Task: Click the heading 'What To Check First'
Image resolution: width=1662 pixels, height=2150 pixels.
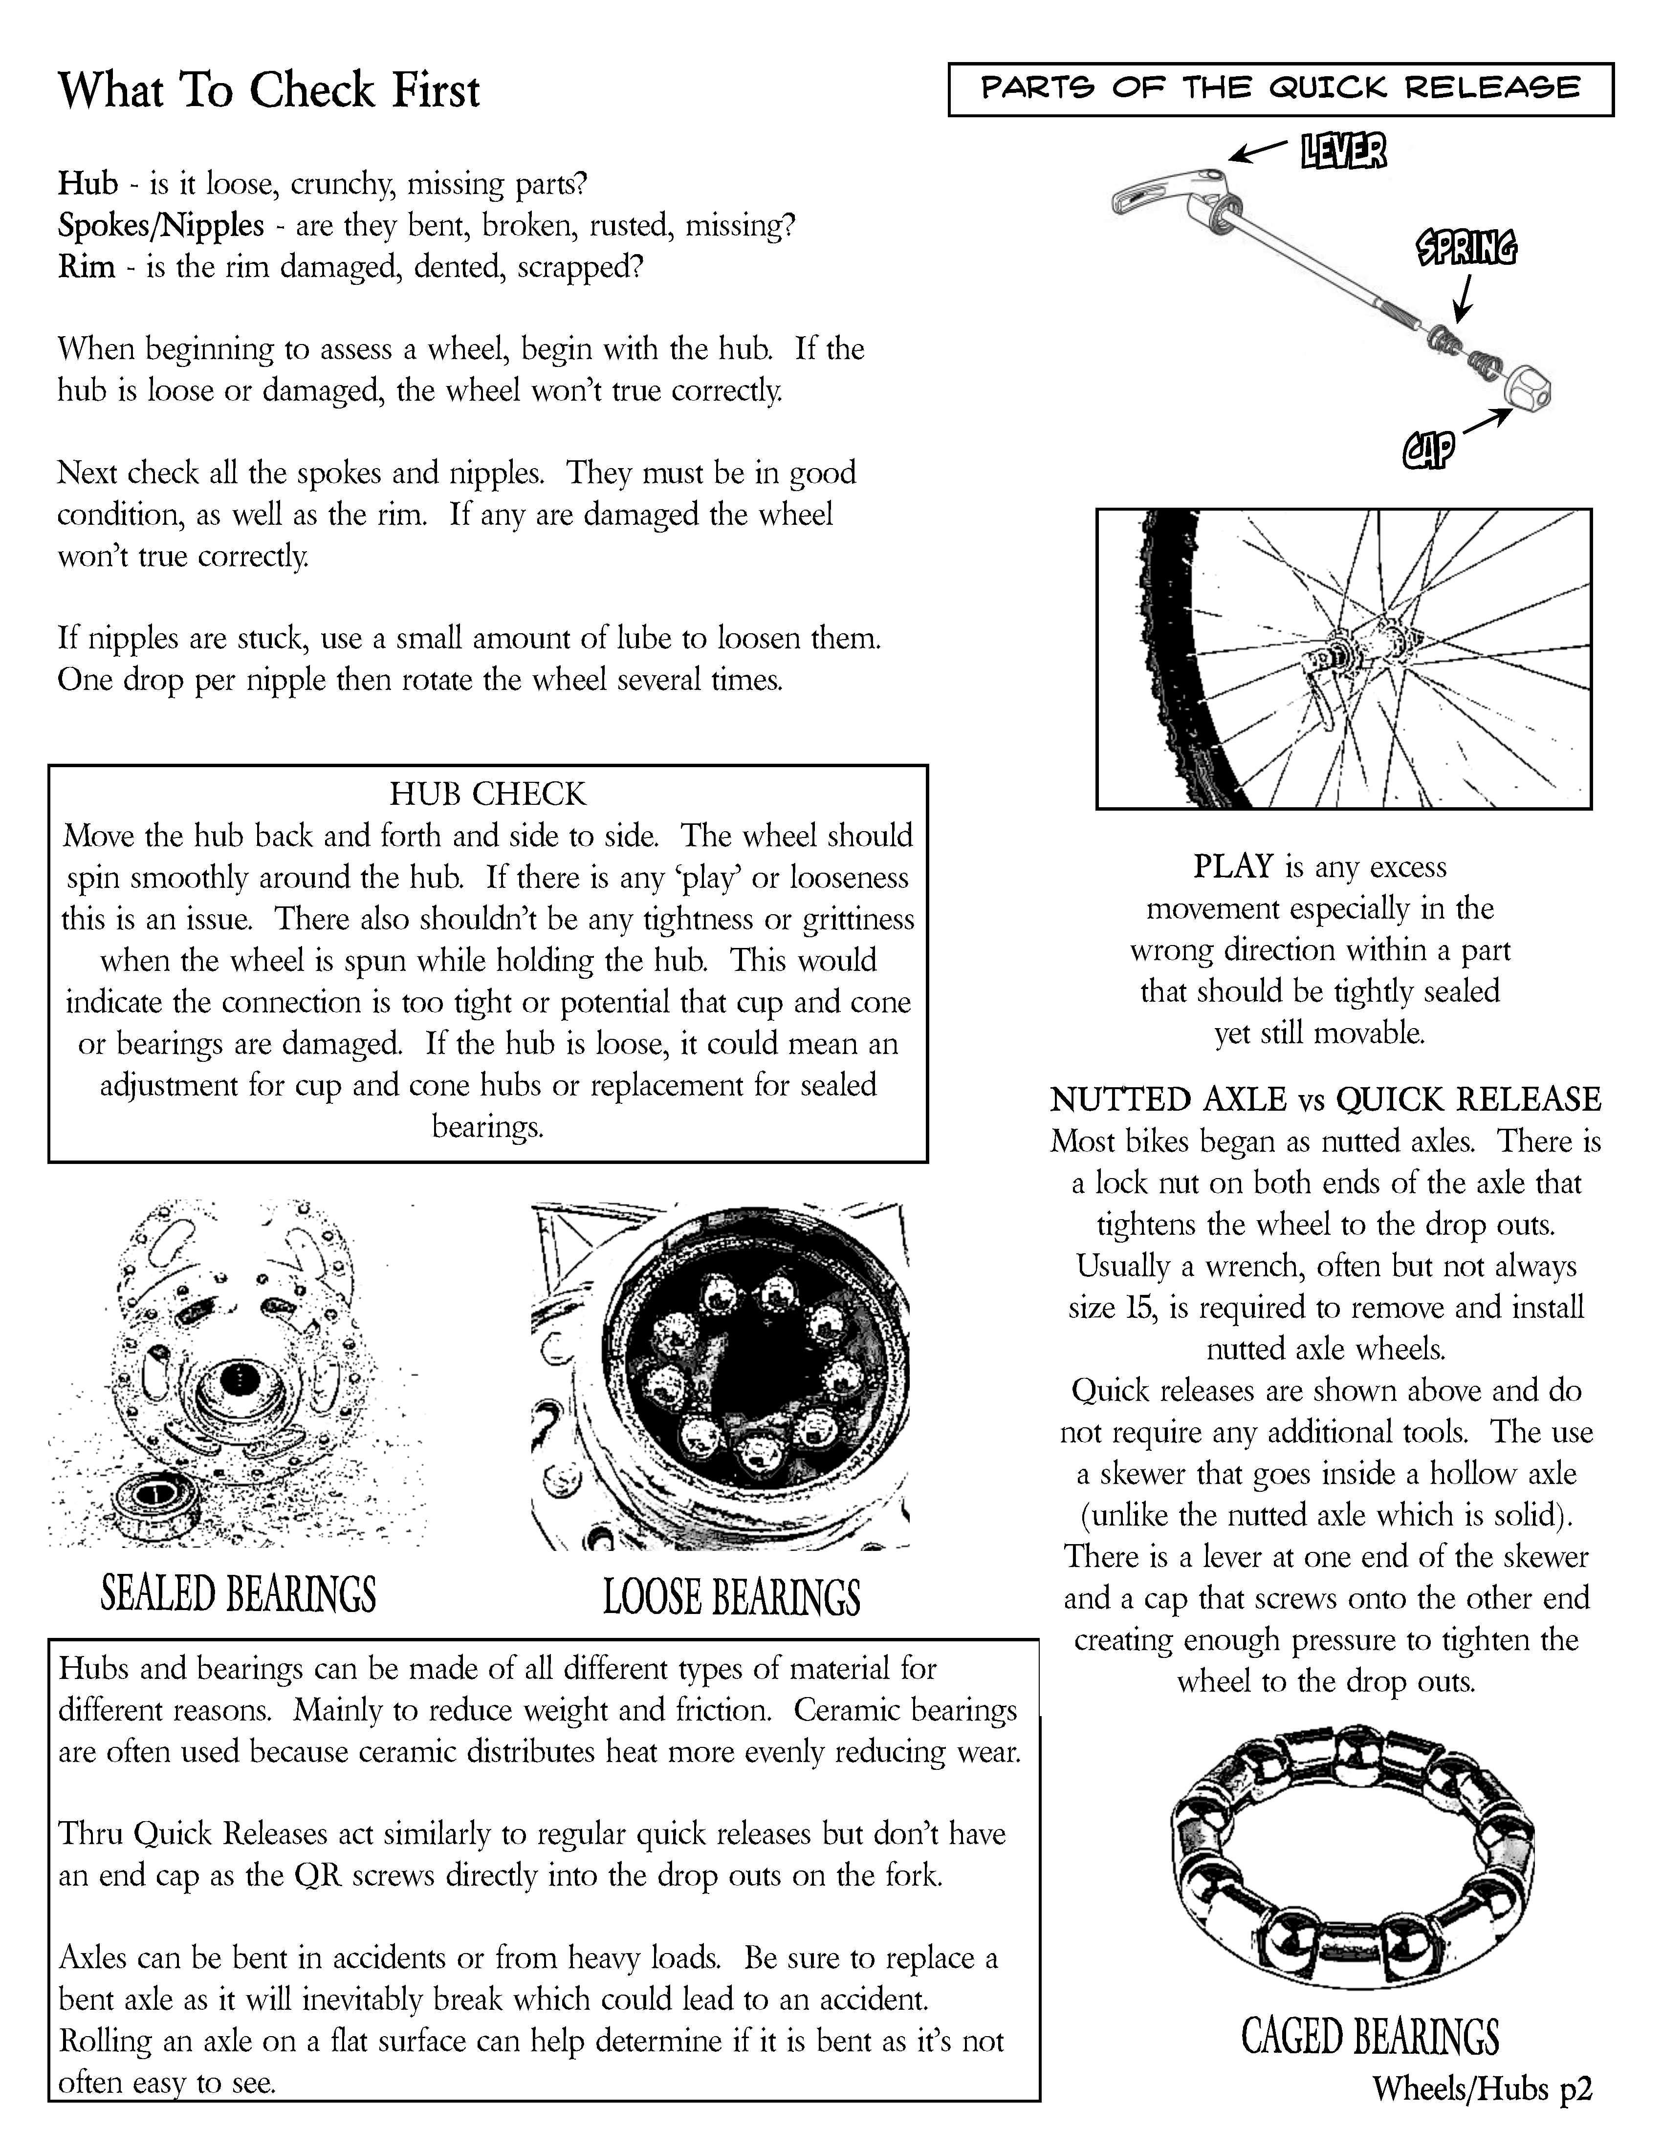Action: coord(269,90)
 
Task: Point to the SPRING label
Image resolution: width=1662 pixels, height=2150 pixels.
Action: coord(1466,248)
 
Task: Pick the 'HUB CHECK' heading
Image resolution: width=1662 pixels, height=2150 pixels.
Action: coord(487,794)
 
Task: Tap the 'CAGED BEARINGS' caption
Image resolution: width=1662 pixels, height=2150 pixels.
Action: coord(1370,2036)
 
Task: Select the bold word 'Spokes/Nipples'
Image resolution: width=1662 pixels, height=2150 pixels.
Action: coord(160,225)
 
